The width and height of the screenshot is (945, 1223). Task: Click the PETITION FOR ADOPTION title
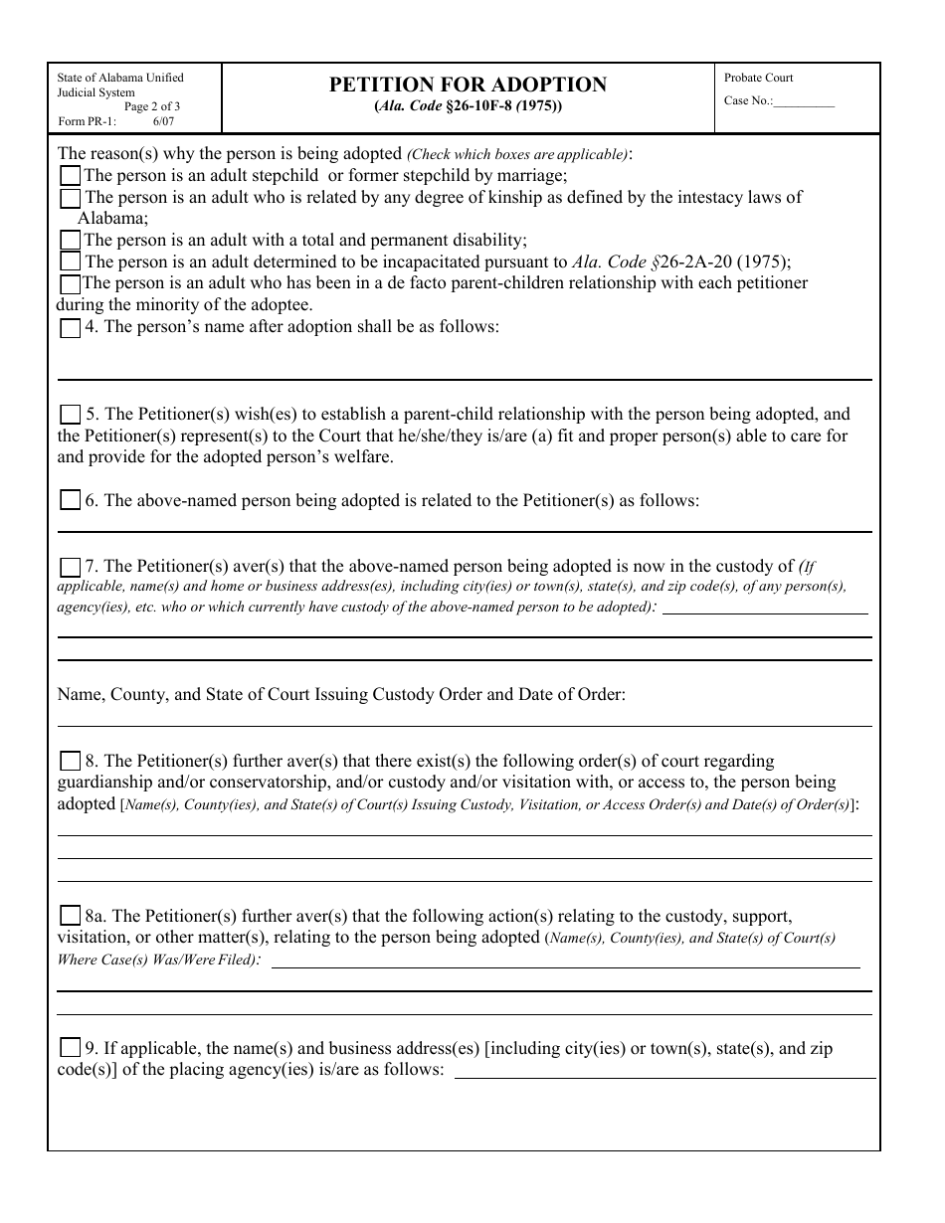coord(468,85)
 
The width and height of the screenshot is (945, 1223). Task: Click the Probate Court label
coord(758,78)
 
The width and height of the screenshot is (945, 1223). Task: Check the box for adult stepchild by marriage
coord(70,176)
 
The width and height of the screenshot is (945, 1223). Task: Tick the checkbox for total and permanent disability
coord(70,241)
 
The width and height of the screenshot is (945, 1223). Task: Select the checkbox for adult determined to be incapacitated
coord(70,262)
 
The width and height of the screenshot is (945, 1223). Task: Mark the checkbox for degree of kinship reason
coord(70,198)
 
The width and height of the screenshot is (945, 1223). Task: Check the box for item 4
coord(70,328)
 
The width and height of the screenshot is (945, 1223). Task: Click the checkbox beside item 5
coord(70,415)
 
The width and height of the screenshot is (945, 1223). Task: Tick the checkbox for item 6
coord(70,501)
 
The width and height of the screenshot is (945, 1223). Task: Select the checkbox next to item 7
coord(70,568)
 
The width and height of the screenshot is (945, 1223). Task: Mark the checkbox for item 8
coord(70,762)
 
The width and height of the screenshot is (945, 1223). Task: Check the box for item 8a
coord(70,916)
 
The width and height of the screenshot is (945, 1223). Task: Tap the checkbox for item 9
coord(70,1048)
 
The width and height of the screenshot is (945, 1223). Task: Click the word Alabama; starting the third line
coord(112,219)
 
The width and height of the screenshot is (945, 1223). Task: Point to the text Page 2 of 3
coord(152,106)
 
